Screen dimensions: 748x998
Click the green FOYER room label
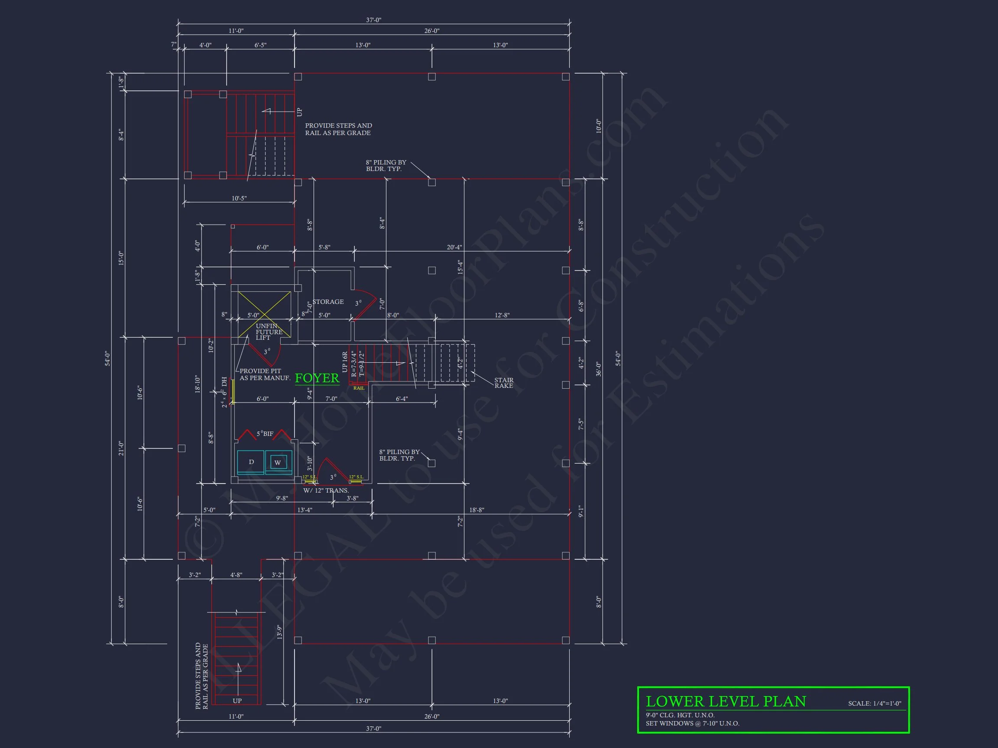tap(317, 378)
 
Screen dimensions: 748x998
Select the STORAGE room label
tap(328, 302)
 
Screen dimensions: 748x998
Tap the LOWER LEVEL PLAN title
tap(726, 701)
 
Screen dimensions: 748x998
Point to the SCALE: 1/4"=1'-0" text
tap(875, 703)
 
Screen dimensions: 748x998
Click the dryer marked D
tap(251, 462)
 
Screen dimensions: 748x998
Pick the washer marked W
tap(278, 463)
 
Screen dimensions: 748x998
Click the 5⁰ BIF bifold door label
tap(265, 434)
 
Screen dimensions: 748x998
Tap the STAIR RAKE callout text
tap(503, 383)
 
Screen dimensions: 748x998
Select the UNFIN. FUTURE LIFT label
tap(269, 332)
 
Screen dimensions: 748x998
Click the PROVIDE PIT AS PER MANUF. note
tap(264, 375)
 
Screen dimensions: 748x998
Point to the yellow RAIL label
tap(359, 388)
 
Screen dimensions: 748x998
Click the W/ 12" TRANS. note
tap(326, 490)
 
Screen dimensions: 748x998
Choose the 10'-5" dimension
tap(239, 198)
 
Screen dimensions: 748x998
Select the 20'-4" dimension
tap(454, 247)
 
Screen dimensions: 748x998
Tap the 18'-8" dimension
tap(476, 510)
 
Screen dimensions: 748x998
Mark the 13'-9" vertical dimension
tap(280, 632)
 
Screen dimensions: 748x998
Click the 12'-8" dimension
tap(502, 315)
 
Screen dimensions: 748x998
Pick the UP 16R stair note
tap(345, 362)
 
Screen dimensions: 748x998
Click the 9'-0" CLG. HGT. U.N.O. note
tap(680, 715)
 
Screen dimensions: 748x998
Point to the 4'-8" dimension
tap(236, 575)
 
